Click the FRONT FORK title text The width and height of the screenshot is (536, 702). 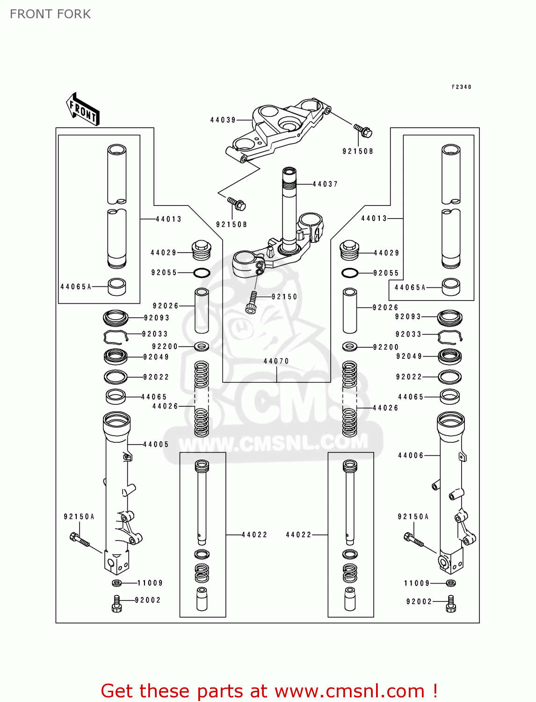click(50, 14)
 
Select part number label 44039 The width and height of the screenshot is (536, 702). click(223, 120)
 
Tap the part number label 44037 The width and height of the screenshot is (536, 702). click(325, 184)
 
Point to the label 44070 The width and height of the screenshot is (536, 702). click(276, 361)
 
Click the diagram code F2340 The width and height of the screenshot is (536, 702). click(461, 87)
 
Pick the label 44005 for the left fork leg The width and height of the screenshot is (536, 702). click(156, 445)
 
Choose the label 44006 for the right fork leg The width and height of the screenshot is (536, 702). click(411, 455)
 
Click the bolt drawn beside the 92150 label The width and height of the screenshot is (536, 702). click(252, 302)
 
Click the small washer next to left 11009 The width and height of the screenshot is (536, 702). click(117, 583)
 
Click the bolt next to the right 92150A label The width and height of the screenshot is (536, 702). click(413, 540)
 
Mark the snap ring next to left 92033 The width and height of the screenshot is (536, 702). click(115, 336)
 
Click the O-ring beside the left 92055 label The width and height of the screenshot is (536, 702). click(202, 273)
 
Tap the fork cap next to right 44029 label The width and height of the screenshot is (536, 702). click(349, 250)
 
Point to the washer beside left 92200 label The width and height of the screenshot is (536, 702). click(202, 347)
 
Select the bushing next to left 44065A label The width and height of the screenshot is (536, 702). click(117, 287)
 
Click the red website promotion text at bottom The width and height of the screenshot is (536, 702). click(269, 691)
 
